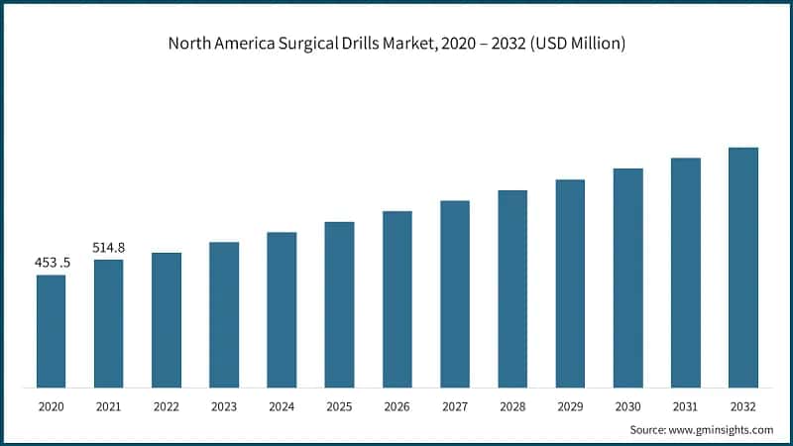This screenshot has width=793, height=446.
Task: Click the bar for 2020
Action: click(x=51, y=331)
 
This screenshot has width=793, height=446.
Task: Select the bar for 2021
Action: click(x=108, y=323)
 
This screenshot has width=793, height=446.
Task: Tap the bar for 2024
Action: click(x=282, y=309)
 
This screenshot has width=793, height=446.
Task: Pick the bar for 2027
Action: click(x=455, y=293)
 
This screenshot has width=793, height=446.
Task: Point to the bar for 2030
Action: click(x=627, y=278)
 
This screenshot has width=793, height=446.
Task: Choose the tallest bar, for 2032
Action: click(x=743, y=268)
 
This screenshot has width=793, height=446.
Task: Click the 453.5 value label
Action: click(x=51, y=264)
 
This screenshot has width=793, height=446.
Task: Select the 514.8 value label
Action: click(x=108, y=248)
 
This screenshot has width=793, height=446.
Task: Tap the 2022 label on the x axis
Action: click(x=167, y=406)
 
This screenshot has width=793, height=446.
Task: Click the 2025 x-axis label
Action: click(x=339, y=406)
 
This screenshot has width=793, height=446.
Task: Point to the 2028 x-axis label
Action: click(x=512, y=406)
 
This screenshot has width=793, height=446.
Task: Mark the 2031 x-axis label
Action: click(x=686, y=406)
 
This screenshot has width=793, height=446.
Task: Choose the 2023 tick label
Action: click(x=224, y=406)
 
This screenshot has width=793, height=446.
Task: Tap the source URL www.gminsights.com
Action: click(x=721, y=430)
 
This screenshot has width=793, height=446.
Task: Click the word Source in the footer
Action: click(x=648, y=430)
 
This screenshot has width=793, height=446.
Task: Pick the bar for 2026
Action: click(x=396, y=298)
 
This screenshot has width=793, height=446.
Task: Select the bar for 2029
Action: click(x=570, y=283)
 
